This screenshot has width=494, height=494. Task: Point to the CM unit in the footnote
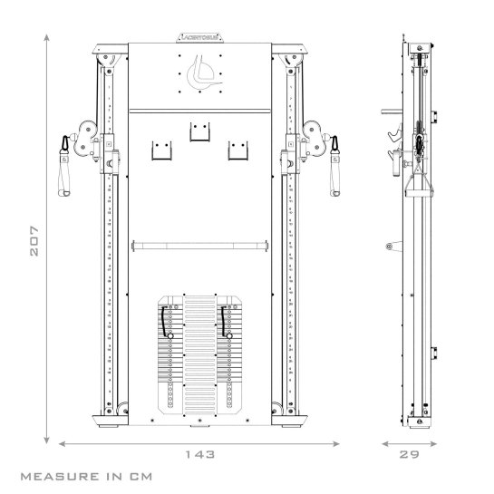tap(131, 475)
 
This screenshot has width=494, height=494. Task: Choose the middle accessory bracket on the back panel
tap(199, 133)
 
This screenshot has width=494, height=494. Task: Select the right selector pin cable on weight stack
tap(223, 323)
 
